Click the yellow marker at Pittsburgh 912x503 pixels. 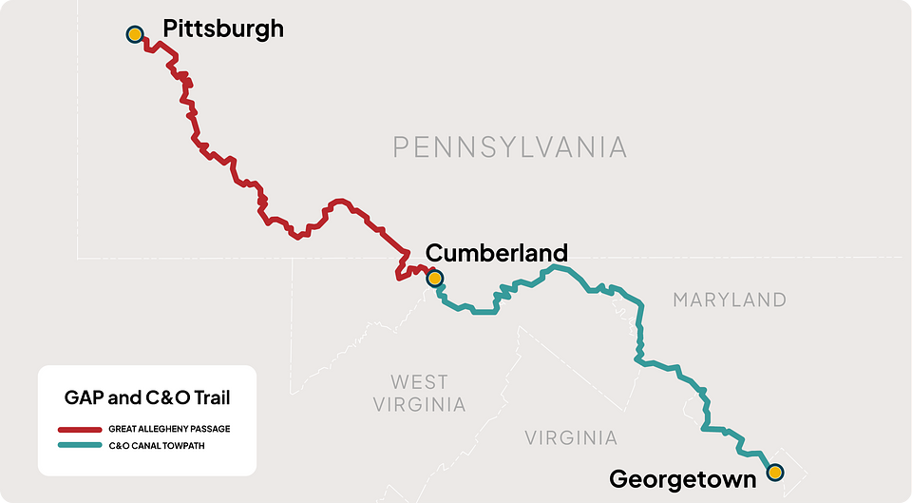[x=135, y=34]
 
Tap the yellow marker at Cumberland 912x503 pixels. [x=434, y=279]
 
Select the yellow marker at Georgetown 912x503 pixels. [x=775, y=472]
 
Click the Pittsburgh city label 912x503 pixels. [x=223, y=29]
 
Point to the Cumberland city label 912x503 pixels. [x=496, y=253]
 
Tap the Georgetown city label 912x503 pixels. [x=682, y=478]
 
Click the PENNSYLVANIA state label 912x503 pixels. [x=510, y=146]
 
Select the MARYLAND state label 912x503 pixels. [x=730, y=300]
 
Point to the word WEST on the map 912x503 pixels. [x=419, y=382]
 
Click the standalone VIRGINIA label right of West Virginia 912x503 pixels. [x=571, y=438]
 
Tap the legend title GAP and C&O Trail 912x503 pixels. [x=147, y=397]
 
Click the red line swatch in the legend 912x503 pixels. [x=79, y=430]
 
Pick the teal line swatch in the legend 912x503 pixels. [x=79, y=445]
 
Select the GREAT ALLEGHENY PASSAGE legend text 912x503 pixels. [x=169, y=430]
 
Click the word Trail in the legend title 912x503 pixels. [x=209, y=397]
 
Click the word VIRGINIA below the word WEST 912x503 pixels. [x=419, y=405]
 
